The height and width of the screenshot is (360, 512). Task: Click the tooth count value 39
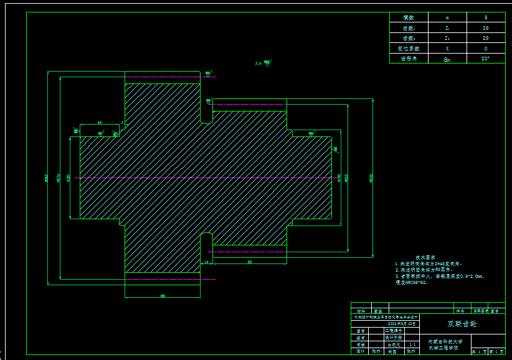485,28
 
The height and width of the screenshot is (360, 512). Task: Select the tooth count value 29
485,38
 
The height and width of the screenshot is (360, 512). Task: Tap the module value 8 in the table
485,18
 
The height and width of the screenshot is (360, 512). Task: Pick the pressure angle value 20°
485,58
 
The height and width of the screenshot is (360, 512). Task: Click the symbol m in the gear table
447,18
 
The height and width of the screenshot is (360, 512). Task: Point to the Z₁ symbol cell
447,28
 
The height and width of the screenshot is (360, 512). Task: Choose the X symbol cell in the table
447,48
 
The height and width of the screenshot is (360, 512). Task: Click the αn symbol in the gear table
447,59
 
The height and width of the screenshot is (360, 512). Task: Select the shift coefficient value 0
485,48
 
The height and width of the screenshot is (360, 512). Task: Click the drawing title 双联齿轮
462,324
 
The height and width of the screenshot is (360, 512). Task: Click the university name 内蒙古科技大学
445,341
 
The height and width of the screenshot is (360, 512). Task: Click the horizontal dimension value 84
250,262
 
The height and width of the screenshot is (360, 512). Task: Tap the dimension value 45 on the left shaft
100,123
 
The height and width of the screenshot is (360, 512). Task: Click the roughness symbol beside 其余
267,62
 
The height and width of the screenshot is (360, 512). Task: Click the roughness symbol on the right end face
335,149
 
